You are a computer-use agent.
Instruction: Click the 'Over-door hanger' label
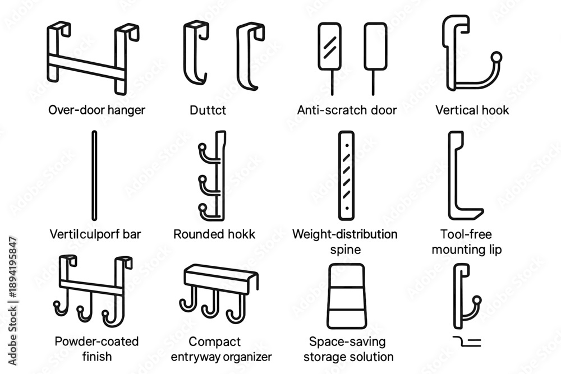point(96,110)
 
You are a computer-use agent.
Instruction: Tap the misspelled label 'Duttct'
point(208,110)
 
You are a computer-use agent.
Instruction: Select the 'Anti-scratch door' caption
point(347,110)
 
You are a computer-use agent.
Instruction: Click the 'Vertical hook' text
point(472,110)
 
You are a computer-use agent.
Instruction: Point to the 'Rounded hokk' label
point(214,234)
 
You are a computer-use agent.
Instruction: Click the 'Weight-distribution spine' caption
point(344,241)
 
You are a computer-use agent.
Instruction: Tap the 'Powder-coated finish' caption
point(96,349)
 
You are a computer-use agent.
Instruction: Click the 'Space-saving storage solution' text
point(351,349)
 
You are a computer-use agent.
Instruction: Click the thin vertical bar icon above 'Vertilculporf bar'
point(94,176)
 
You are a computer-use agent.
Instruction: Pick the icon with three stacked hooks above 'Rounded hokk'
point(213,176)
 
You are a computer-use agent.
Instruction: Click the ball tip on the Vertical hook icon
point(496,57)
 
